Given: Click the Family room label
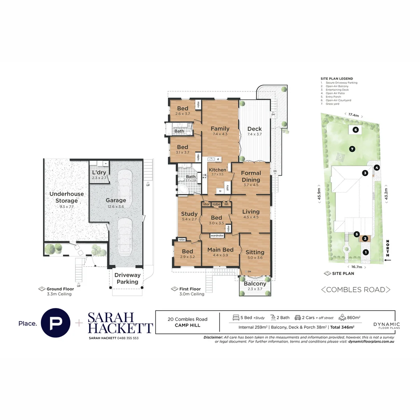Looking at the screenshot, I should [x=220, y=129].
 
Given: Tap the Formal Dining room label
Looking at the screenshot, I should [x=251, y=176].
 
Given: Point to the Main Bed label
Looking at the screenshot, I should [x=220, y=249].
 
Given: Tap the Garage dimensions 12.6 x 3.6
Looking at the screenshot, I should [x=116, y=206].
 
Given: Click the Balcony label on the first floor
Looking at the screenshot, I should [x=255, y=284].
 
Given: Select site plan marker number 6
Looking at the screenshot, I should [x=355, y=129].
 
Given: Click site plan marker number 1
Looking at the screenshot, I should [x=365, y=252].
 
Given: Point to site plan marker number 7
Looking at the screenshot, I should [x=352, y=149].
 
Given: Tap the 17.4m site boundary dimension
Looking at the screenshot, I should [x=353, y=115].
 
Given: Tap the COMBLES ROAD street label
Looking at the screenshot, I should [x=355, y=290].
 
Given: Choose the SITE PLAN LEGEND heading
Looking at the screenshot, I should [x=336, y=79].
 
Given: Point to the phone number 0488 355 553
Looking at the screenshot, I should [x=126, y=338].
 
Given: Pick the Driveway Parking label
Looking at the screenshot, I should [x=127, y=278].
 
